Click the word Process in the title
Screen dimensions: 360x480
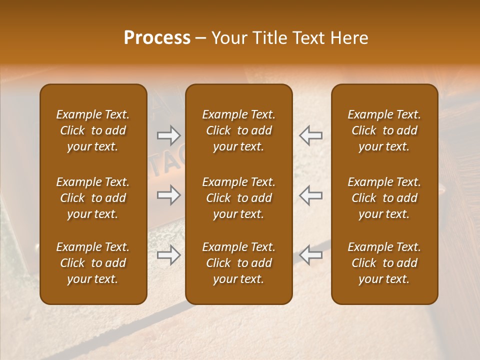click(157, 38)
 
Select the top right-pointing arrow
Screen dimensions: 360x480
click(168, 135)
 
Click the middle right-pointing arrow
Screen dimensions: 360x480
click(168, 195)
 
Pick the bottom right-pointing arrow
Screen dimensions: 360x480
click(168, 255)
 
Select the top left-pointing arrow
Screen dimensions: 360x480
click(311, 135)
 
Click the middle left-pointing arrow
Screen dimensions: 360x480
click(311, 195)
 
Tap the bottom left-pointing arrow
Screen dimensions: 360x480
click(311, 255)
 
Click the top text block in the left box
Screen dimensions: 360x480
click(93, 130)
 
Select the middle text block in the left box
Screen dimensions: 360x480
click(93, 198)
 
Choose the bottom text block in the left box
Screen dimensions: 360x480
click(93, 263)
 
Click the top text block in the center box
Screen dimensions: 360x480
click(238, 130)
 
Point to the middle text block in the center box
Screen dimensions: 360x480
click(238, 198)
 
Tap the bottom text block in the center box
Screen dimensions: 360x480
click(238, 263)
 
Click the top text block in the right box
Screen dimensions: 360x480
click(384, 130)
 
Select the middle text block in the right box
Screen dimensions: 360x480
click(384, 198)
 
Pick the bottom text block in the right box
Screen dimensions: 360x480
click(384, 263)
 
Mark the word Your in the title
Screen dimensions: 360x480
click(227, 38)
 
